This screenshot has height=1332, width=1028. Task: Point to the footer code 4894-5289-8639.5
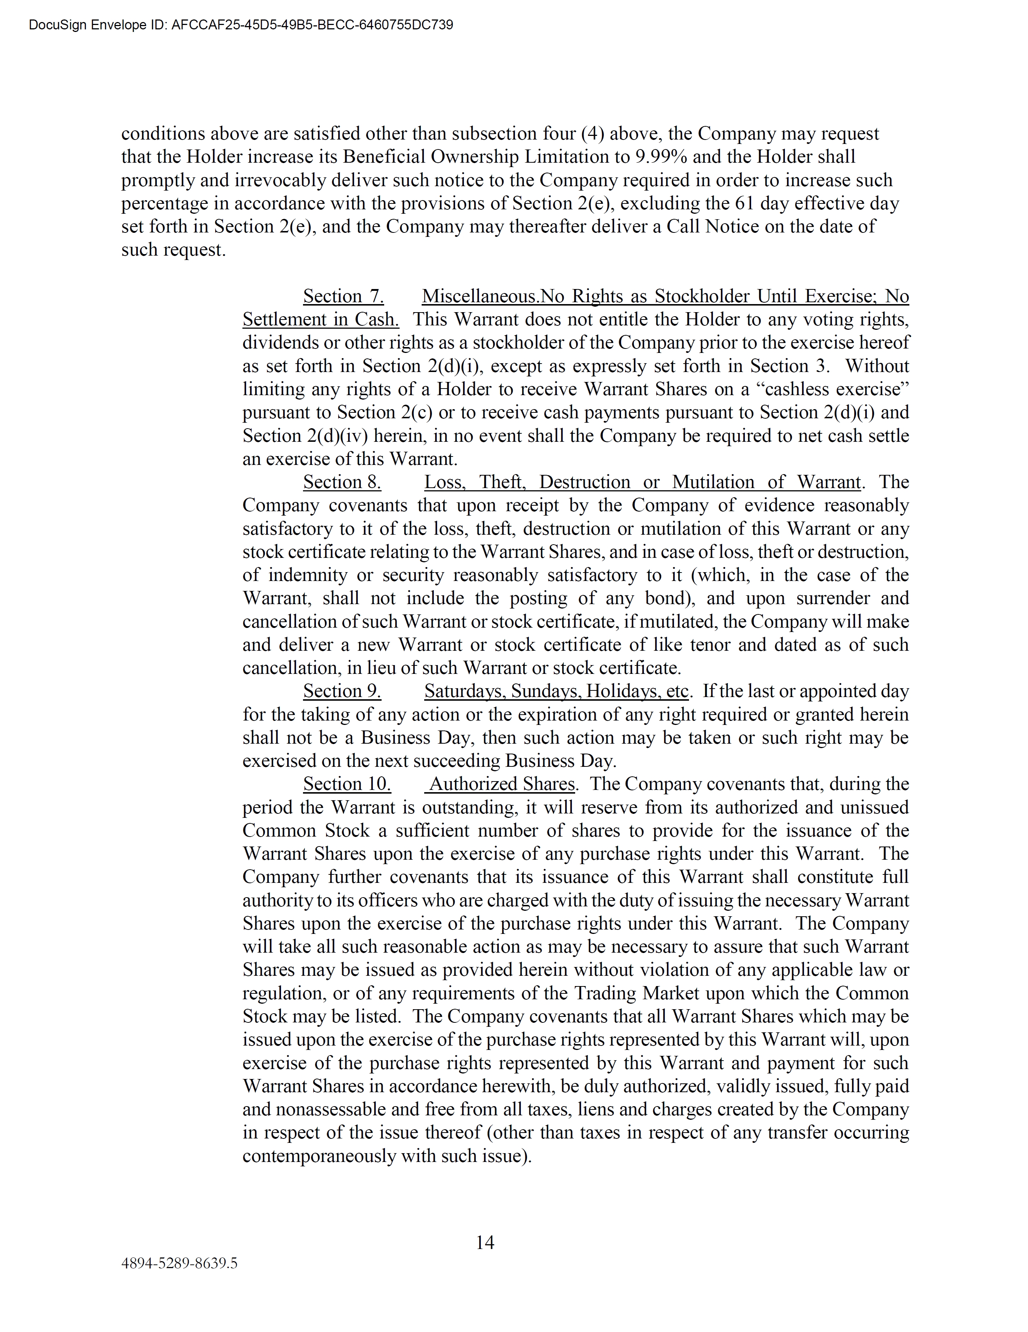pyautogui.click(x=179, y=1263)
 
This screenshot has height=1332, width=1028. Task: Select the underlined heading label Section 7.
pyautogui.click(x=343, y=296)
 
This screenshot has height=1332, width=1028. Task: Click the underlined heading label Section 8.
pyautogui.click(x=342, y=483)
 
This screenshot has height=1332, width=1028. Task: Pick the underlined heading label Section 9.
pyautogui.click(x=342, y=691)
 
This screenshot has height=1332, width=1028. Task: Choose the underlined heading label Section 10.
pyautogui.click(x=347, y=784)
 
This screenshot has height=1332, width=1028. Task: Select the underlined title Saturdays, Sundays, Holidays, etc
pyautogui.click(x=556, y=691)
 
